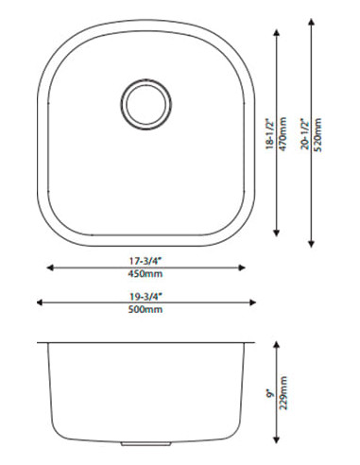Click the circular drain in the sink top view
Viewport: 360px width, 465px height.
pyautogui.click(x=143, y=100)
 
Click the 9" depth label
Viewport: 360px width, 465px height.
pyautogui.click(x=270, y=391)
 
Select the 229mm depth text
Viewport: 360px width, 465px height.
pyautogui.click(x=283, y=391)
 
